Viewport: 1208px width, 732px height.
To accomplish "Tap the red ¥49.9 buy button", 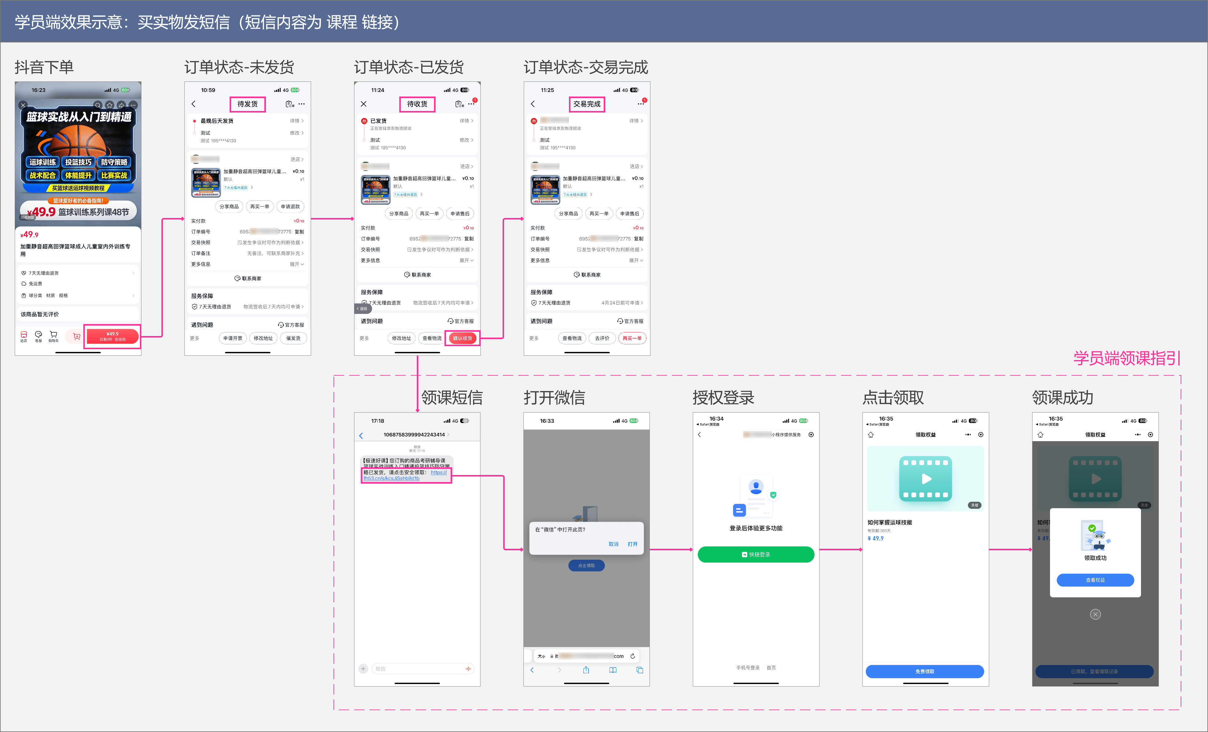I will pyautogui.click(x=112, y=336).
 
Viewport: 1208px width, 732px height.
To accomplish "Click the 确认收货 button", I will pyautogui.click(x=462, y=338).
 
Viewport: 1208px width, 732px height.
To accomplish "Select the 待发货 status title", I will pyautogui.click(x=247, y=104).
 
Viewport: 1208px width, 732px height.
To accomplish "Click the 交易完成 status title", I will pyautogui.click(x=586, y=104).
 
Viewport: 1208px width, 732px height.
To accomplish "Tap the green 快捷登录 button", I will pyautogui.click(x=756, y=555).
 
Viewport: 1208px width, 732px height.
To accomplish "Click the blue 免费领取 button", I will pyautogui.click(x=925, y=671).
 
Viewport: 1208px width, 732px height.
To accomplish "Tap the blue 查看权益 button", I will pyautogui.click(x=1095, y=580).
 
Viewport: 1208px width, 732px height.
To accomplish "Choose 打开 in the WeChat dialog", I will pyautogui.click(x=633, y=544).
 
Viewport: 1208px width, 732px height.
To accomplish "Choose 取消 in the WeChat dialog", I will pyautogui.click(x=613, y=544).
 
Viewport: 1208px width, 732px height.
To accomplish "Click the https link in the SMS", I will pyautogui.click(x=405, y=476).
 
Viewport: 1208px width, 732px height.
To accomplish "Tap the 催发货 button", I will pyautogui.click(x=293, y=338).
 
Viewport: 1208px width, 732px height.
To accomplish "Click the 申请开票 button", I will pyautogui.click(x=233, y=338).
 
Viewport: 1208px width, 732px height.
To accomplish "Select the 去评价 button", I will pyautogui.click(x=602, y=338).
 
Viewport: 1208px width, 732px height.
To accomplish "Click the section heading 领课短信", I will pyautogui.click(x=452, y=398).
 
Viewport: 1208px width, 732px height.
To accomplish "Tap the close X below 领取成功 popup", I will pyautogui.click(x=1095, y=614).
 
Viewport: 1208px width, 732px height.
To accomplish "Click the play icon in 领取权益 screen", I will pyautogui.click(x=926, y=479).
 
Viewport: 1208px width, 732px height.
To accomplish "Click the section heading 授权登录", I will pyautogui.click(x=723, y=398).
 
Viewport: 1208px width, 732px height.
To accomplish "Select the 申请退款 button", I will pyautogui.click(x=290, y=206).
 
